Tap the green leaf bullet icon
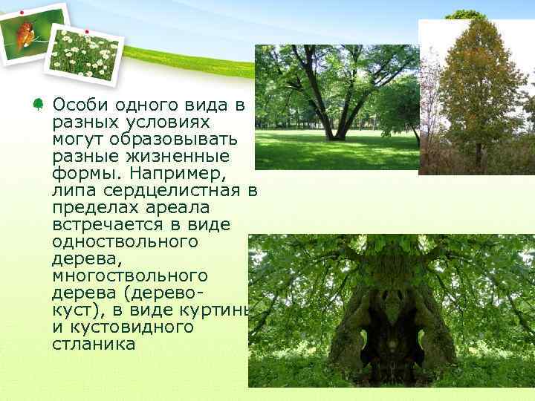coord(36,105)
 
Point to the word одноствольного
coord(126,241)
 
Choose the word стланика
coord(94,344)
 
